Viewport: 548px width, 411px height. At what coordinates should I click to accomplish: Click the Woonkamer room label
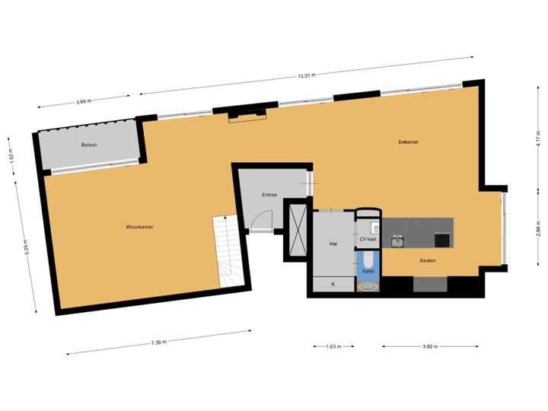(140, 226)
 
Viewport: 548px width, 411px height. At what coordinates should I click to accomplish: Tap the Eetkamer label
(409, 142)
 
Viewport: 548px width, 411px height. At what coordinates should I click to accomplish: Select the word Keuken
(428, 261)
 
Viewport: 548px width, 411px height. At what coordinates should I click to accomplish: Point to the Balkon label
(89, 145)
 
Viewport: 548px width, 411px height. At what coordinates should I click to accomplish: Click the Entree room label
(269, 195)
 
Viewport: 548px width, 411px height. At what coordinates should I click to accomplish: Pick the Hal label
(333, 244)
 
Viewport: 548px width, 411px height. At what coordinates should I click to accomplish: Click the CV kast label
(368, 239)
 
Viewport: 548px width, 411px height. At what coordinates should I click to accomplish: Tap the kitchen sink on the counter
(397, 241)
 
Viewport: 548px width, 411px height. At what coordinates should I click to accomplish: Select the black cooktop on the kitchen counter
(442, 240)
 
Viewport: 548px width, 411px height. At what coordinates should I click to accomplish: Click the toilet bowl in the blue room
(368, 259)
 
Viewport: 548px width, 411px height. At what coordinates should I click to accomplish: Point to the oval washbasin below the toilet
(368, 286)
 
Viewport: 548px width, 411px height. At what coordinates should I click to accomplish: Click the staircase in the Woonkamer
(228, 251)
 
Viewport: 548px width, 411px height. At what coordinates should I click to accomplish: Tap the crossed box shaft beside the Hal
(296, 230)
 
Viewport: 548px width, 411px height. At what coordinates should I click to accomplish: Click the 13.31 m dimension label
(306, 75)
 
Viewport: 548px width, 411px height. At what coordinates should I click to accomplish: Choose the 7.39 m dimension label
(158, 342)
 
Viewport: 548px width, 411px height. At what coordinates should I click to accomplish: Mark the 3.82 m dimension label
(431, 346)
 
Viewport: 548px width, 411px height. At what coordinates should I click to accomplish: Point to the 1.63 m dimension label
(333, 346)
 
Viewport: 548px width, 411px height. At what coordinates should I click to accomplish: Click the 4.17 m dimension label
(537, 139)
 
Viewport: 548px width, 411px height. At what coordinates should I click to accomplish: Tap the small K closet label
(333, 285)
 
